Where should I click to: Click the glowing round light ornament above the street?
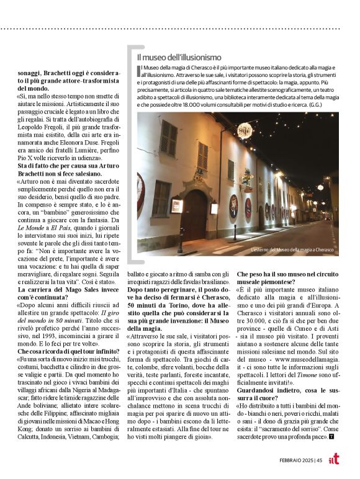(246, 129)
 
